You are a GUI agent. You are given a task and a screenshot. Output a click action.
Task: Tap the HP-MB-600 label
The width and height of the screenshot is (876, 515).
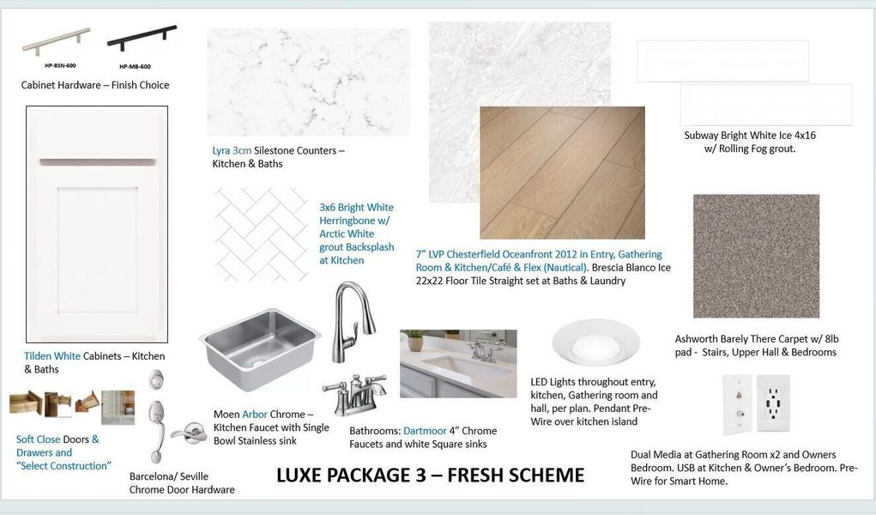[135, 66]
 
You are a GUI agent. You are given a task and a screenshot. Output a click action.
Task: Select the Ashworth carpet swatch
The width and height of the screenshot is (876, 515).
[756, 256]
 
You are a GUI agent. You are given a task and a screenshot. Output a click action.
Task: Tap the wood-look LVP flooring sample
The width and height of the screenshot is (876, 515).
[562, 173]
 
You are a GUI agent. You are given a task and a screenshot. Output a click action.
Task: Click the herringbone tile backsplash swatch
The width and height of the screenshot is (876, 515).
[261, 234]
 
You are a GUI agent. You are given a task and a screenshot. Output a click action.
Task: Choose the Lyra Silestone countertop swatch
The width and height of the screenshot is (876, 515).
[308, 82]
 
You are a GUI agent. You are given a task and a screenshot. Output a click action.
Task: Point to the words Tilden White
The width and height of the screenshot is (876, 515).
[52, 356]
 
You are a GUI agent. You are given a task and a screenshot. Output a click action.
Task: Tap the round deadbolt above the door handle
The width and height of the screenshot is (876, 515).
[155, 380]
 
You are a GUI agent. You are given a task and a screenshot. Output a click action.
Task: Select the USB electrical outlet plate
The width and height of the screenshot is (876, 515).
[773, 403]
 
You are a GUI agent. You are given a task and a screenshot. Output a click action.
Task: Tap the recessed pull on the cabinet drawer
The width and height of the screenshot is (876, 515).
[96, 162]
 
